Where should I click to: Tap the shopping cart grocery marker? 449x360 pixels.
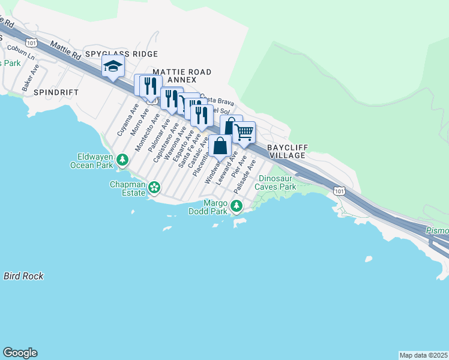tap(244, 132)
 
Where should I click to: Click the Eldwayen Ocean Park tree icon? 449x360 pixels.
tap(122, 160)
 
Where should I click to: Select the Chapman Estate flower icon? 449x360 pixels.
tap(154, 188)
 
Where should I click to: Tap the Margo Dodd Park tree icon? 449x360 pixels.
tap(237, 206)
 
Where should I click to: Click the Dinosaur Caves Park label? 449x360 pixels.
tap(277, 182)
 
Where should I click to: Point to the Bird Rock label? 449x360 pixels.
tap(23, 276)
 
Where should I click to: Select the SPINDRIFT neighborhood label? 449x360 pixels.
tap(56, 93)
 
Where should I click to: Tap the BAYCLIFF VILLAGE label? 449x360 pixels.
tap(287, 151)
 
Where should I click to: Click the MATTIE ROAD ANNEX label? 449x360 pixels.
tap(182, 76)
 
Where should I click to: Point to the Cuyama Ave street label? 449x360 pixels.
tap(123, 121)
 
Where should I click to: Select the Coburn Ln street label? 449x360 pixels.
tap(22, 52)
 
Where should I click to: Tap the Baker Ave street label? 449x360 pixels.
tap(31, 78)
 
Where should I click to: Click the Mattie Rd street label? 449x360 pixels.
tap(66, 50)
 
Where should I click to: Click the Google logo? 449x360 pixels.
tap(20, 353)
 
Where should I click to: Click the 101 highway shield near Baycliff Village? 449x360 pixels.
tap(339, 191)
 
